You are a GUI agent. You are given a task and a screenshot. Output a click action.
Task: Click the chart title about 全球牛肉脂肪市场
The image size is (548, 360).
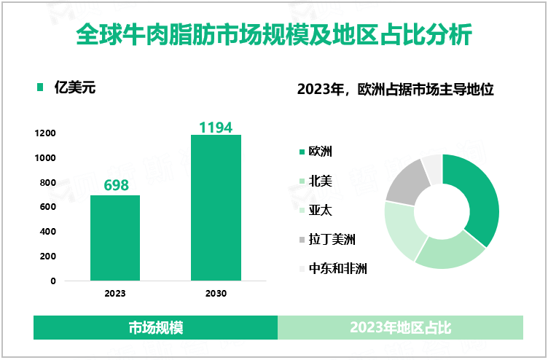273,34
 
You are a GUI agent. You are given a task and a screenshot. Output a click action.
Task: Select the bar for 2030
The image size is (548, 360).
216,208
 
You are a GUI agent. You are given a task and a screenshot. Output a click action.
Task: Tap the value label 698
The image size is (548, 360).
116,185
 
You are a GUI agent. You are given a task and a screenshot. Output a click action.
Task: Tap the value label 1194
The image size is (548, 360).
216,128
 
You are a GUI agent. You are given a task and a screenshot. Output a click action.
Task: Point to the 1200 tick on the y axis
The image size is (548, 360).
45,133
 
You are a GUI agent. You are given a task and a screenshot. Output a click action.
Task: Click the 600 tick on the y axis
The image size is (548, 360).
48,207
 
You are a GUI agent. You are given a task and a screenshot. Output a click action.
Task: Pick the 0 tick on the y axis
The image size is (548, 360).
53,281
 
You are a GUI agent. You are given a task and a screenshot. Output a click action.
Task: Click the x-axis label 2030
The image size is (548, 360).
216,294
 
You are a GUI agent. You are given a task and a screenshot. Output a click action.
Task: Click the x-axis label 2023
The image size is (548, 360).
115,294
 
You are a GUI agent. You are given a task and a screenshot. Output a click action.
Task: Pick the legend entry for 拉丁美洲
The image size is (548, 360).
332,239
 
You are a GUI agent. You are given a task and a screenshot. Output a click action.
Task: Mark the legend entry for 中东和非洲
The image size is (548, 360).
337,268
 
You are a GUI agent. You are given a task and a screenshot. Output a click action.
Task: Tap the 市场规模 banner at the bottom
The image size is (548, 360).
155,328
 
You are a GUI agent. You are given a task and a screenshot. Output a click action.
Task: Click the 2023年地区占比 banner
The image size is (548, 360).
400,328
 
